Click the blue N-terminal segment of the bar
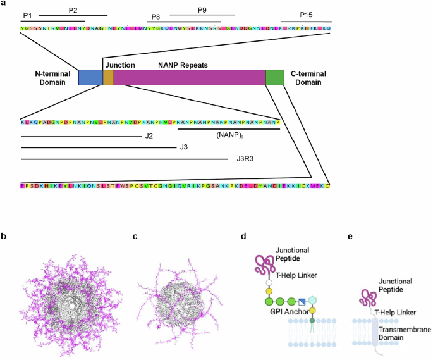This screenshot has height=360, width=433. [90, 77]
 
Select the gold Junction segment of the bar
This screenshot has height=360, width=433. [108, 77]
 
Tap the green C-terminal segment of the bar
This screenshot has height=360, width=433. [275, 77]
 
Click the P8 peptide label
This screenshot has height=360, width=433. [156, 18]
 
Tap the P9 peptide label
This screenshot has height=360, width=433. [202, 11]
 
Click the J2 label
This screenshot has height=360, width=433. [150, 136]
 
